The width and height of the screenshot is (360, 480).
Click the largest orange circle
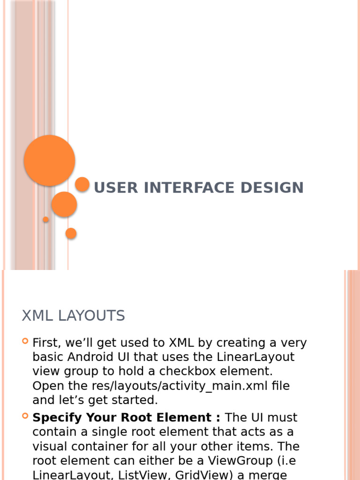tap(49, 160)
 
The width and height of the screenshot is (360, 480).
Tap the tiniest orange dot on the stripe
tap(45, 219)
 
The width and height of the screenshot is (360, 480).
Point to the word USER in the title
tap(116, 187)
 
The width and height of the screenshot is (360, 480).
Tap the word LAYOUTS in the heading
tap(91, 315)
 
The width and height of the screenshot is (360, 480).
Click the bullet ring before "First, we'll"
tap(25, 341)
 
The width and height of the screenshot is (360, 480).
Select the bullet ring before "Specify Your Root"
tap(25, 416)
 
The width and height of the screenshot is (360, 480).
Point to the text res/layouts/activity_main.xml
tap(180, 386)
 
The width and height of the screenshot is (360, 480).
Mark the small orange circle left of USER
tap(82, 184)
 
